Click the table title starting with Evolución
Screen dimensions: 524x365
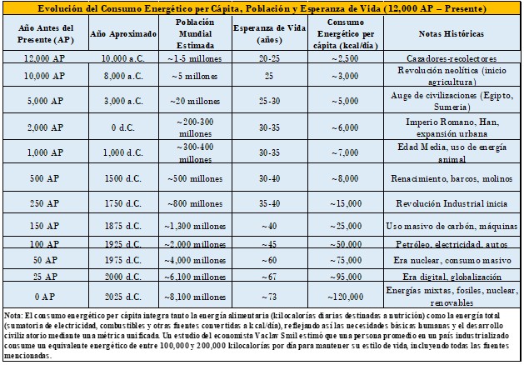pos(262,8)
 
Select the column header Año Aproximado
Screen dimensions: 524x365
pos(123,34)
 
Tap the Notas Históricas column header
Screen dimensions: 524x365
pos(452,33)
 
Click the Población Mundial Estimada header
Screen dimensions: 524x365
pos(195,33)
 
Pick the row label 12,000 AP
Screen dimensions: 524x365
pos(45,58)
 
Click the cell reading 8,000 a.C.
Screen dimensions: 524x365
pos(123,76)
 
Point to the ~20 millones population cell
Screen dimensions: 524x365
pos(195,101)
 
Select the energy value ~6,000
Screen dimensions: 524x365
pos(345,127)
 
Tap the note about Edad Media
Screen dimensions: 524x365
pos(452,152)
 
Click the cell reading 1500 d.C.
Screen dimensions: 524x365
pos(123,178)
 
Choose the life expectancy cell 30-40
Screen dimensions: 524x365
pos(269,178)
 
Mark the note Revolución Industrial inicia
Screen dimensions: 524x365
pos(452,203)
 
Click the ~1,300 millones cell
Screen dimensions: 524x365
pos(195,226)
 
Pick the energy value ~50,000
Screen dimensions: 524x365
pos(346,244)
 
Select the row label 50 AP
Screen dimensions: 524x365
pos(45,260)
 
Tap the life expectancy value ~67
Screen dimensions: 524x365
pos(269,277)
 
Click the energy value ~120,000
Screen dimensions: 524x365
pos(346,297)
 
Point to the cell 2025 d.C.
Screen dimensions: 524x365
pos(123,297)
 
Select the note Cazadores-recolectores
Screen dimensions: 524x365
pos(452,58)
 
